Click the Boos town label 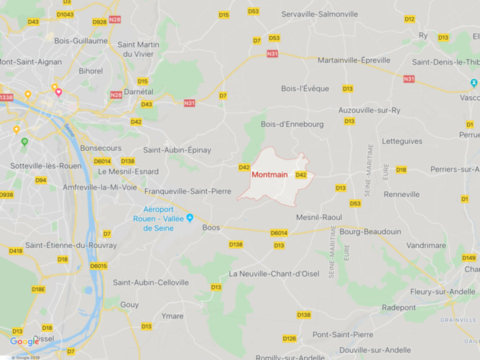pos(211,227)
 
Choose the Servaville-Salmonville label pos(320,14)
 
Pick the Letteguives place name pos(402,141)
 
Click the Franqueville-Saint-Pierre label pos(188,192)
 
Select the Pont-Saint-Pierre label pos(343,334)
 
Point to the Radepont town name pos(399,307)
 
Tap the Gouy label pos(130,305)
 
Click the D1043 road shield pos(65,14)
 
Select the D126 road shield pos(290,338)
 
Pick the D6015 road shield pos(98,266)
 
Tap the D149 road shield pos(469,257)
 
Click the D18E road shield pos(38,290)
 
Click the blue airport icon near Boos pos(190,218)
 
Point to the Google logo pos(24,342)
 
